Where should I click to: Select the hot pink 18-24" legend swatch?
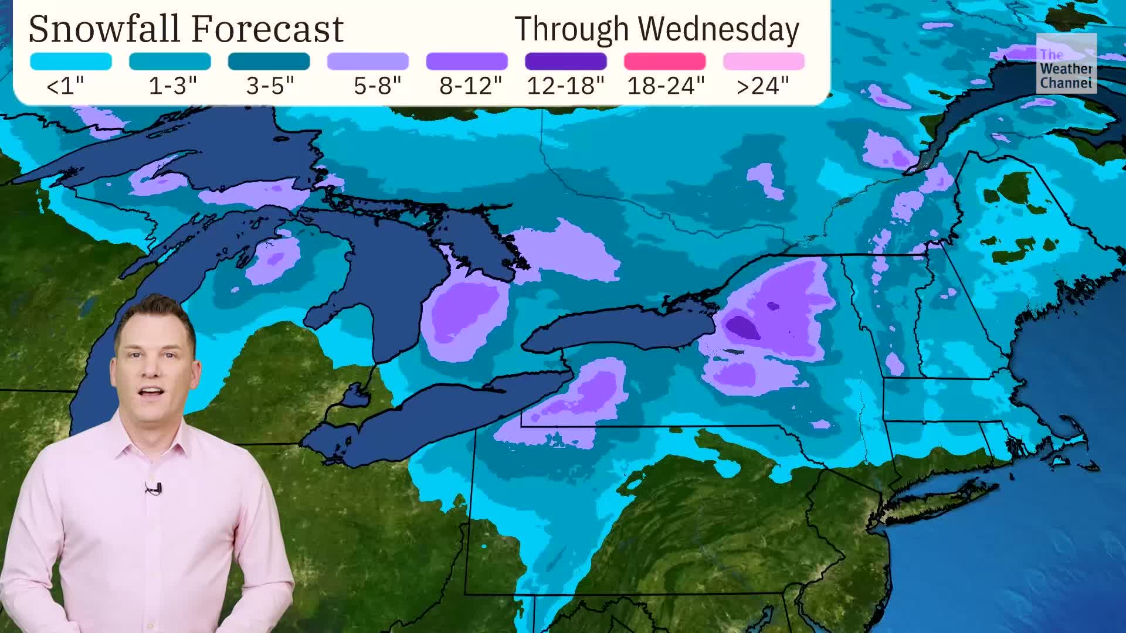pyautogui.click(x=664, y=61)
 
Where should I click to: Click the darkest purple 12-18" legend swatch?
pyautogui.click(x=565, y=61)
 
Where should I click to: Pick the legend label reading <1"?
pyautogui.click(x=65, y=86)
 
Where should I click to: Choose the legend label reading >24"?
pyautogui.click(x=762, y=86)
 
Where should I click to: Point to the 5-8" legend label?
pyautogui.click(x=377, y=86)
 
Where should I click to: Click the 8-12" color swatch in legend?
pyautogui.click(x=466, y=61)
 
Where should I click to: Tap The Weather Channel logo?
pyautogui.click(x=1066, y=63)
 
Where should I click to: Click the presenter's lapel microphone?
pyautogui.click(x=154, y=488)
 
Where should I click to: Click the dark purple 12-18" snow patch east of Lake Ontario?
pyautogui.click(x=742, y=327)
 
